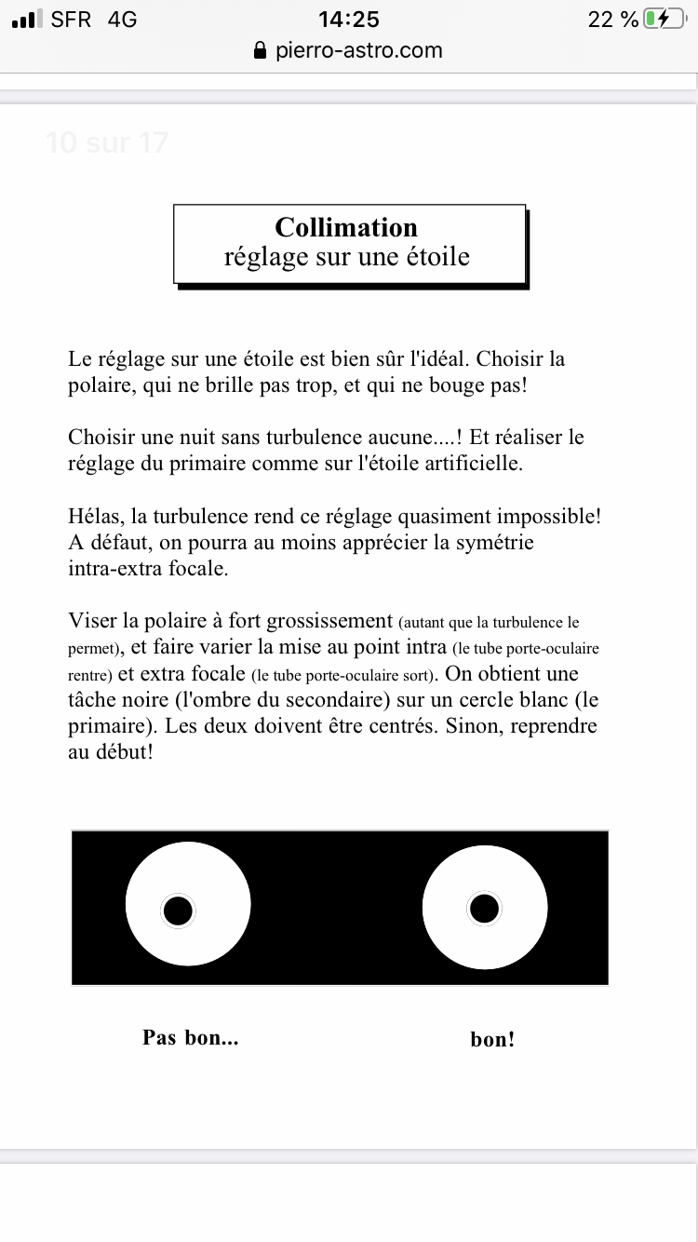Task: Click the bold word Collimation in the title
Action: [346, 227]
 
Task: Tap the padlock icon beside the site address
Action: [261, 51]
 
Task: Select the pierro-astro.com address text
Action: [359, 50]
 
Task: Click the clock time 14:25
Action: [348, 19]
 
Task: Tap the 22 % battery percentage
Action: [613, 19]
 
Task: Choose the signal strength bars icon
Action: [28, 19]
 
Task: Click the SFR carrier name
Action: [72, 19]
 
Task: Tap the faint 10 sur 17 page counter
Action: [106, 142]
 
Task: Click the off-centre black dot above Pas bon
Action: [177, 911]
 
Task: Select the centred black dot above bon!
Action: [484, 908]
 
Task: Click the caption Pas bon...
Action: [190, 1037]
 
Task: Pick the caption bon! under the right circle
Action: [492, 1039]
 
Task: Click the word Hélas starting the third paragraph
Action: [95, 515]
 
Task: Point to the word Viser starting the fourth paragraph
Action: [93, 620]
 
